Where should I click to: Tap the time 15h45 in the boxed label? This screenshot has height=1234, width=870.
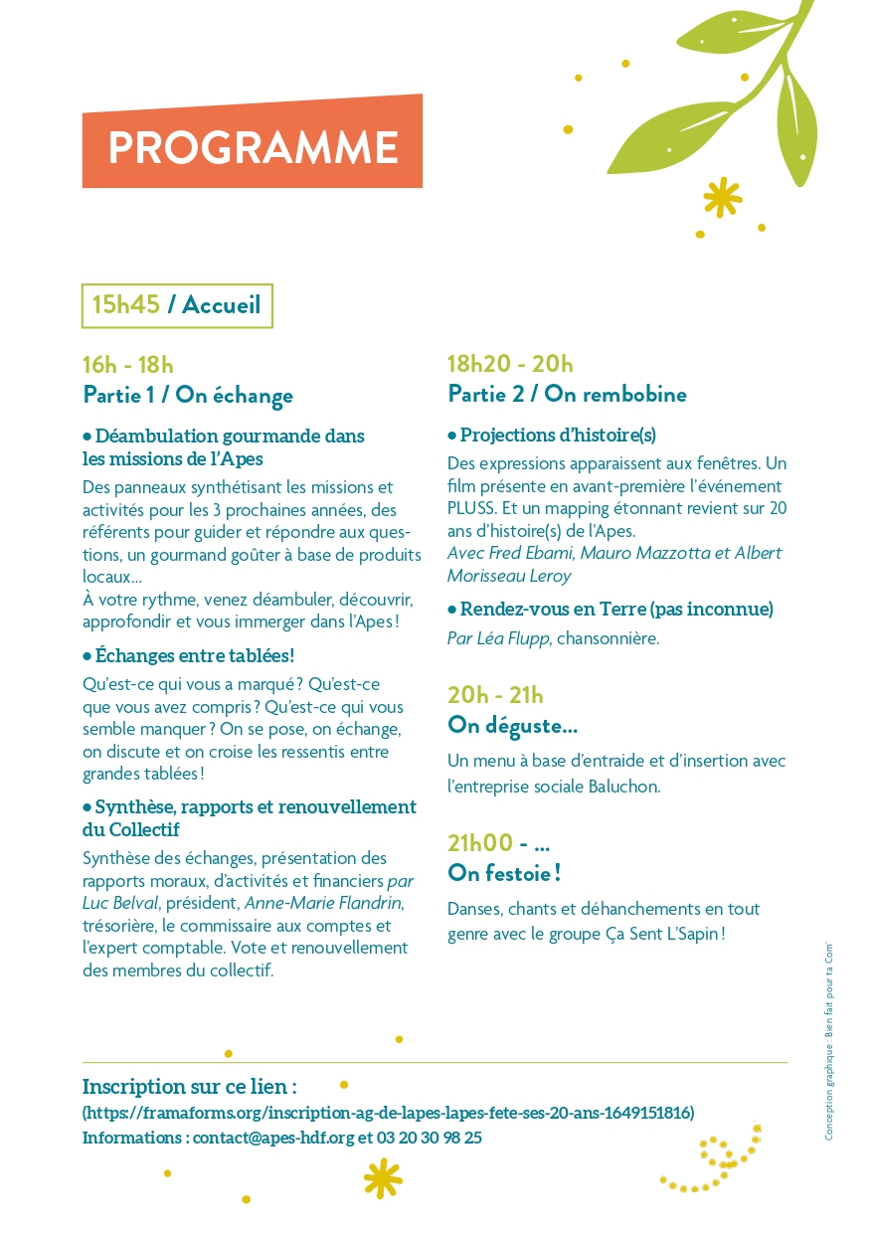(126, 305)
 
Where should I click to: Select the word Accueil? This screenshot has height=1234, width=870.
(221, 305)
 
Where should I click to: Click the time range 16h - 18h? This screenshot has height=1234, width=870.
(128, 365)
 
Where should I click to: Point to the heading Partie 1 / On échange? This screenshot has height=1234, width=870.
(188, 396)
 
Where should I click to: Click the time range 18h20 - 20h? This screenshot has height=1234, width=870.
(510, 364)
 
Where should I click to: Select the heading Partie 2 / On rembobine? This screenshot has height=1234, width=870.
(567, 395)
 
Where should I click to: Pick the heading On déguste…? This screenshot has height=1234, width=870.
(513, 726)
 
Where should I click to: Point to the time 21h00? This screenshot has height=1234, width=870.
(480, 843)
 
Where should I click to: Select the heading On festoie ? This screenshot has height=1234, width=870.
(505, 874)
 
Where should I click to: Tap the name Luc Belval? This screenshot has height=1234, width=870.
(114, 903)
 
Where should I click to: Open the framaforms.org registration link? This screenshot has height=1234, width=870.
(388, 1113)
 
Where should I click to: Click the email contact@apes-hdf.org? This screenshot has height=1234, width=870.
(273, 1138)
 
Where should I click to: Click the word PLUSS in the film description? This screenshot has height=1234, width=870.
(472, 509)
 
